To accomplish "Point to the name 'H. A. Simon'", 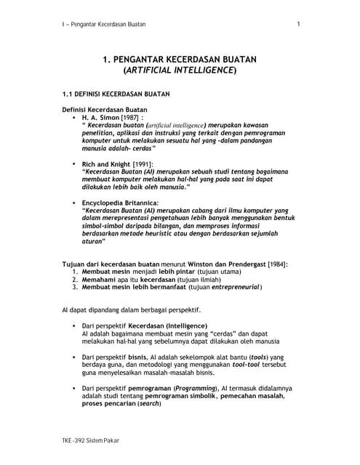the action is (104, 116).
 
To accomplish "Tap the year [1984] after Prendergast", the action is (276, 263).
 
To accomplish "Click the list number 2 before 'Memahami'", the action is (75, 278).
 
